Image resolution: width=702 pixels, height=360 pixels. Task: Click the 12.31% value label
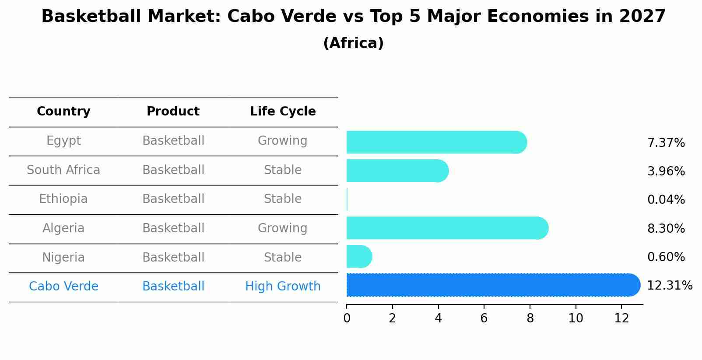click(669, 286)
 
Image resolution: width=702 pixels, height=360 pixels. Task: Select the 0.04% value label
click(666, 200)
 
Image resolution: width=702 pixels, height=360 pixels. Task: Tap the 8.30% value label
click(666, 228)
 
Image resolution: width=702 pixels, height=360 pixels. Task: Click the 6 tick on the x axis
click(484, 318)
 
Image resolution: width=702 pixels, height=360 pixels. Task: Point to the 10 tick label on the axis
click(576, 318)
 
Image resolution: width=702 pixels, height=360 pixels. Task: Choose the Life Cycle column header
click(283, 112)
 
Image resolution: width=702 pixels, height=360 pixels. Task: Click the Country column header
click(63, 112)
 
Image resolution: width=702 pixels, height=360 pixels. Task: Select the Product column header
click(173, 112)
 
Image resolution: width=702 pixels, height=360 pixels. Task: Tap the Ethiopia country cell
click(63, 199)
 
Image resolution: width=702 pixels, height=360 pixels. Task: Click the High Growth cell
click(283, 287)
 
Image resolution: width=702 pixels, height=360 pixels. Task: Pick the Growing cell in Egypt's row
click(283, 141)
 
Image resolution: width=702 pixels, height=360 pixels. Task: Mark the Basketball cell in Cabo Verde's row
click(173, 287)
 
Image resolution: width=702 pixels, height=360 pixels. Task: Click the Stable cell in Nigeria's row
click(283, 257)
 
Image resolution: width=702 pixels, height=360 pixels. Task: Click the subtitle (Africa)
click(353, 43)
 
